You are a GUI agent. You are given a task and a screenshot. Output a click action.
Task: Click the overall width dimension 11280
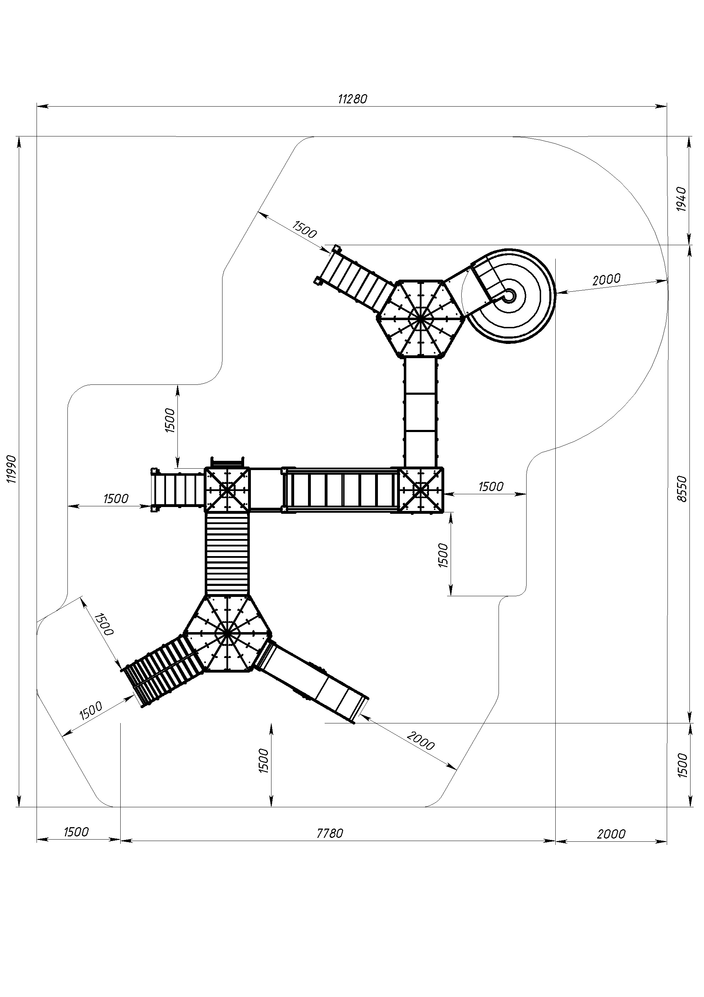click(353, 99)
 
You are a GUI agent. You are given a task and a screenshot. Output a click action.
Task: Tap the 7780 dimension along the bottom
click(330, 833)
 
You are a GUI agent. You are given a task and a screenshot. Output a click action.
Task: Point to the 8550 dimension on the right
click(682, 489)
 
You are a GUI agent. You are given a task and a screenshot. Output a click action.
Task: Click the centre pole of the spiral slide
click(509, 296)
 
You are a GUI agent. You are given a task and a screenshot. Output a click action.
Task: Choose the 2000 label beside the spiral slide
click(606, 279)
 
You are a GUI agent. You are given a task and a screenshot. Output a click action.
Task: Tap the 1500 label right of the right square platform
click(491, 486)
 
